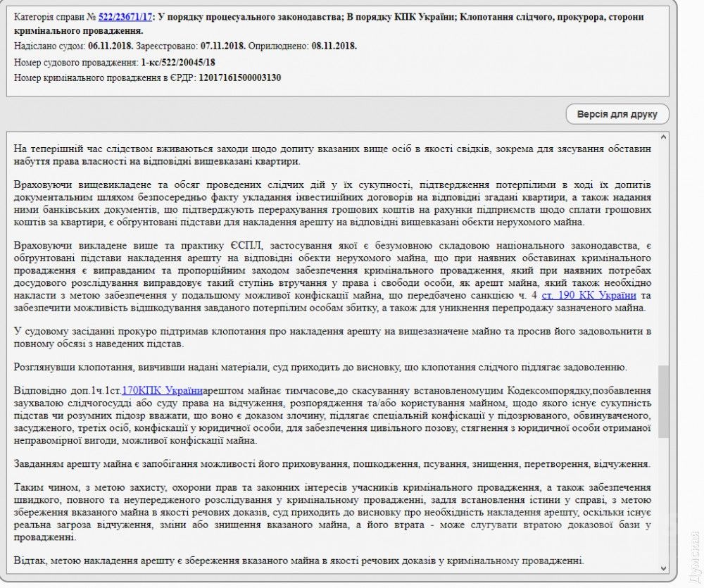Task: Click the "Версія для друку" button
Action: click(617, 114)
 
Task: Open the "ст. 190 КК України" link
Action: click(589, 295)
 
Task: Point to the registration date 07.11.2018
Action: click(222, 46)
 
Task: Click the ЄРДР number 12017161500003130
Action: click(239, 77)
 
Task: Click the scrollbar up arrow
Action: click(663, 136)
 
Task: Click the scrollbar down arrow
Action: click(663, 568)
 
